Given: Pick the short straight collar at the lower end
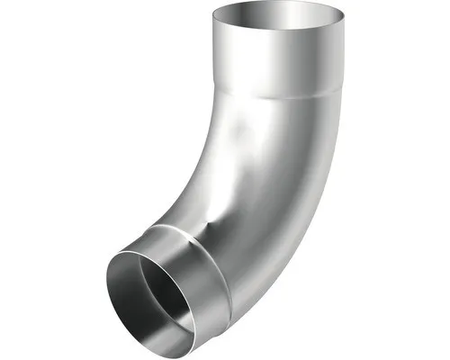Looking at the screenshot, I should pos(193,279).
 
